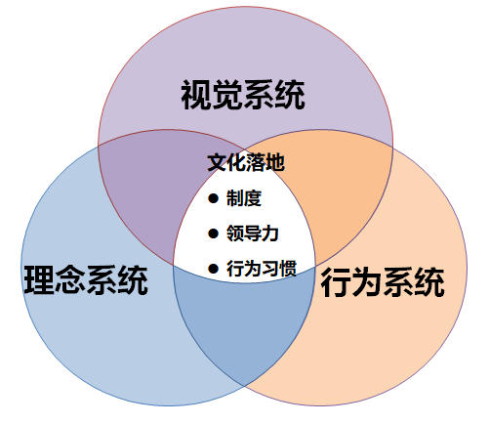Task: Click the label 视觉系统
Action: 243,95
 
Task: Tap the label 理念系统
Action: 86,280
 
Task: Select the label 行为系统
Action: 383,282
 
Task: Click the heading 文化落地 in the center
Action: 246,162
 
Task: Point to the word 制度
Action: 244,198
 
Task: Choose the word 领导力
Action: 253,233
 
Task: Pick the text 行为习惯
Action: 262,269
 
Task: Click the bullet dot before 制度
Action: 213,198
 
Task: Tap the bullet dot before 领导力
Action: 213,233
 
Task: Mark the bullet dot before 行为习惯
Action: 213,269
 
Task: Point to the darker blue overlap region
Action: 244,322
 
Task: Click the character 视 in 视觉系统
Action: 196,95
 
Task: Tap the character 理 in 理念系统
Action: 39,280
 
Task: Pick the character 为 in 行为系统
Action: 367,282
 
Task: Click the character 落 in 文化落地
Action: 256,162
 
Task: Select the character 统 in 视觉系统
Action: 290,95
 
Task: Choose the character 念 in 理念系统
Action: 70,280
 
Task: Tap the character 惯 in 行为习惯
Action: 288,269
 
